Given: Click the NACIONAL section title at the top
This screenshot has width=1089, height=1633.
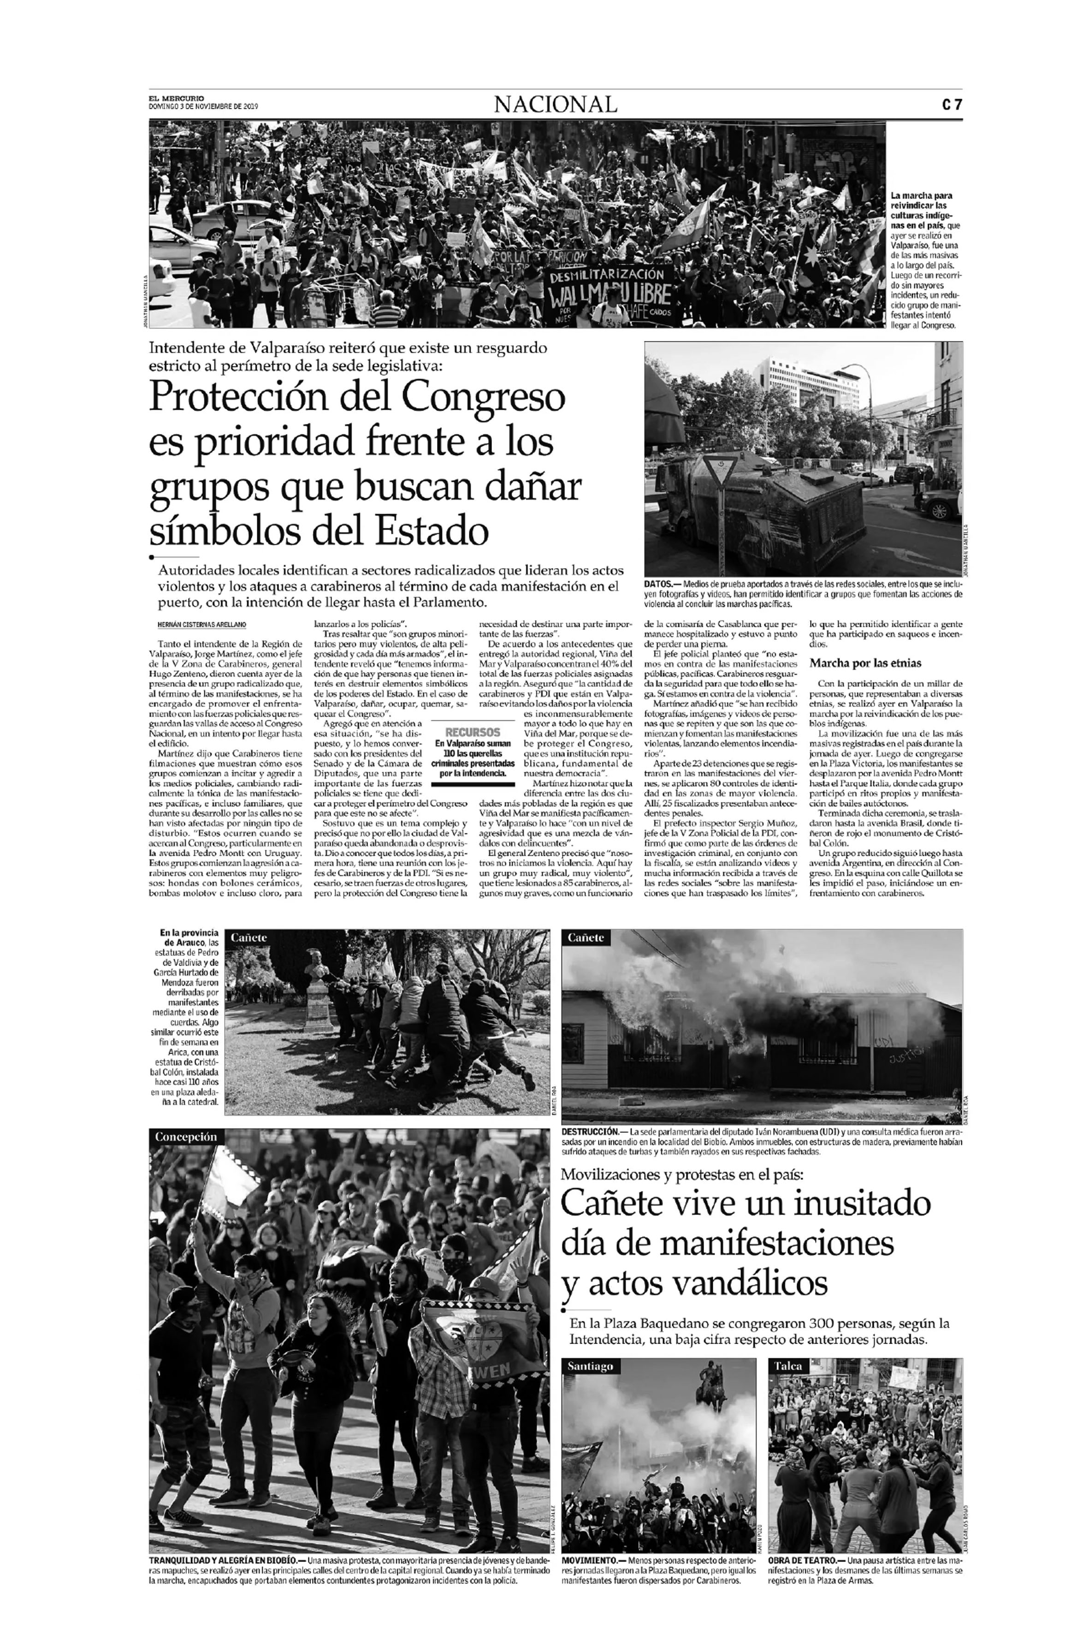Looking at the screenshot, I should tap(555, 105).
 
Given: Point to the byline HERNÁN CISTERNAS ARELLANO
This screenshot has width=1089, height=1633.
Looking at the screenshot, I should tap(197, 625).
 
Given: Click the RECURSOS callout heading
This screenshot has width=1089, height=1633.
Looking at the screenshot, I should tap(472, 732).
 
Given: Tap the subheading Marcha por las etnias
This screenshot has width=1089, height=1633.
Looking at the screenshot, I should tap(865, 663).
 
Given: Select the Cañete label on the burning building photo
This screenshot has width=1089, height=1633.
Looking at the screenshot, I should tap(586, 938).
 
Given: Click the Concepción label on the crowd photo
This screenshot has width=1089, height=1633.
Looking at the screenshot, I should tap(185, 1137).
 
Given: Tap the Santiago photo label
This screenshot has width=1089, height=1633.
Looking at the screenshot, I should tap(590, 1366).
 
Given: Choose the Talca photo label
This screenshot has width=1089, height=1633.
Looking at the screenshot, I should tap(788, 1366).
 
